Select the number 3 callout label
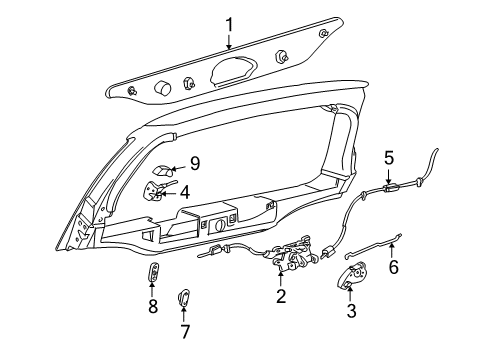tap(351, 311)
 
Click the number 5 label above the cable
tap(389, 157)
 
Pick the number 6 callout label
tap(393, 267)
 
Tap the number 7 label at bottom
tap(183, 332)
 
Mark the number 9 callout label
tap(196, 162)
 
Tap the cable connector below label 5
tap(389, 186)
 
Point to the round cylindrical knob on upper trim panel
tap(160, 88)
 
